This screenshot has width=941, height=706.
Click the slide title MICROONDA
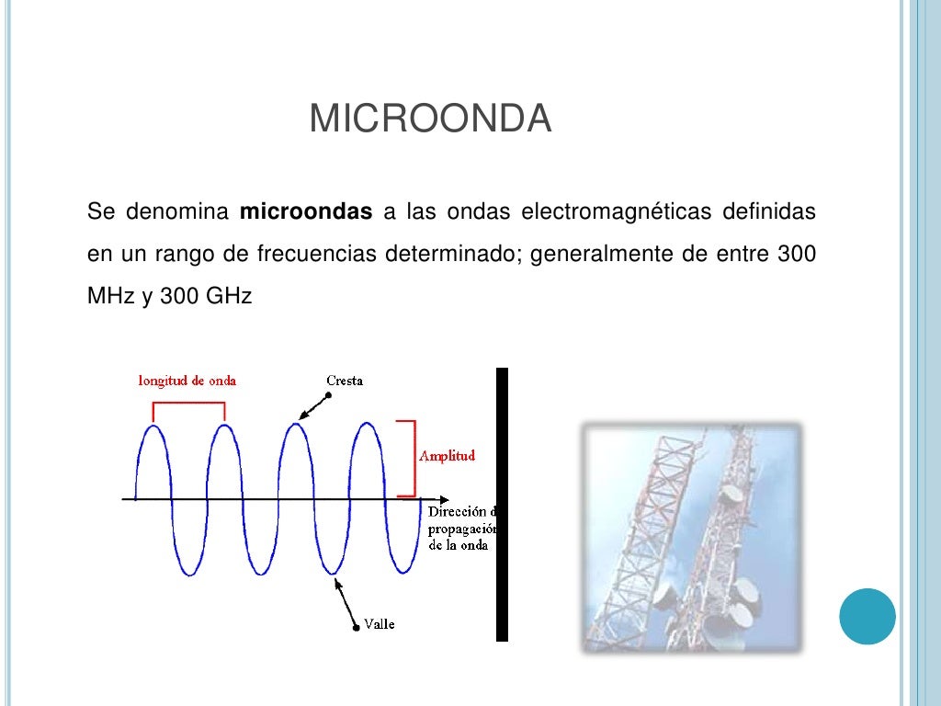(x=430, y=120)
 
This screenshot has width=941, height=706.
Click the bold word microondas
(x=306, y=212)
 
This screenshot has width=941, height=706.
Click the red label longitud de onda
(x=187, y=381)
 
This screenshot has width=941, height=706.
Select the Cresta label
(x=345, y=381)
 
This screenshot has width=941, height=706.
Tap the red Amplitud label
(x=447, y=456)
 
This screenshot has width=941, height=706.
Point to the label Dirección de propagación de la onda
(x=462, y=528)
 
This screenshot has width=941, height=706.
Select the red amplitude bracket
(x=409, y=458)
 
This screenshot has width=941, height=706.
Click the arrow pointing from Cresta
(x=314, y=405)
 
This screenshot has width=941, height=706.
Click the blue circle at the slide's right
(x=867, y=617)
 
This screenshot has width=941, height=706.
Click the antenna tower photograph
(x=691, y=538)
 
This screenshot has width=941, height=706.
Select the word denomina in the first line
(x=177, y=212)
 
